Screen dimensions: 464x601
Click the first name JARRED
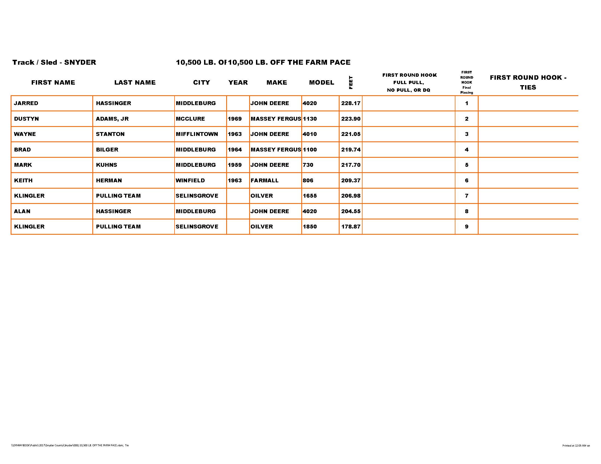coord(26,103)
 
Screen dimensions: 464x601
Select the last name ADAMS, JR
coord(112,119)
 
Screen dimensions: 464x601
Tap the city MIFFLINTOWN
coord(197,134)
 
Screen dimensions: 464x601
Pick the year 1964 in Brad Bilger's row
coord(235,150)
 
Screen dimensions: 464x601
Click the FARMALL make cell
coord(264,181)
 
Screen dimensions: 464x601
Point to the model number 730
coord(308,165)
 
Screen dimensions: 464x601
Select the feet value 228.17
coord(350,103)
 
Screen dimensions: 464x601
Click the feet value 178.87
coord(350,227)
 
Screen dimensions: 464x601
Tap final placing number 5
coord(466,165)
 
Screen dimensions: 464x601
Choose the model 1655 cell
coord(310,196)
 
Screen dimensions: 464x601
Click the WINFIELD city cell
coord(190,181)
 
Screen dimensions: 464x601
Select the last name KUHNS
coord(107,165)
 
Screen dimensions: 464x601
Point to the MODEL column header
coord(322,82)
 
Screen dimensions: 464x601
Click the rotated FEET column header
coord(351,82)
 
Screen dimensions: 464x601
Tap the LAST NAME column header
coord(135,82)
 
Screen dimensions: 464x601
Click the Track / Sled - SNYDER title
coord(54,63)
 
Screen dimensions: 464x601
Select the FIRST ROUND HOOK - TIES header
coord(528,82)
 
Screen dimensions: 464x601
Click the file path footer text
coord(70,445)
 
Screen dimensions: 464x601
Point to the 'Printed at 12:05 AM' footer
coord(576,446)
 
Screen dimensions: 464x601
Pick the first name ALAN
coord(22,211)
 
